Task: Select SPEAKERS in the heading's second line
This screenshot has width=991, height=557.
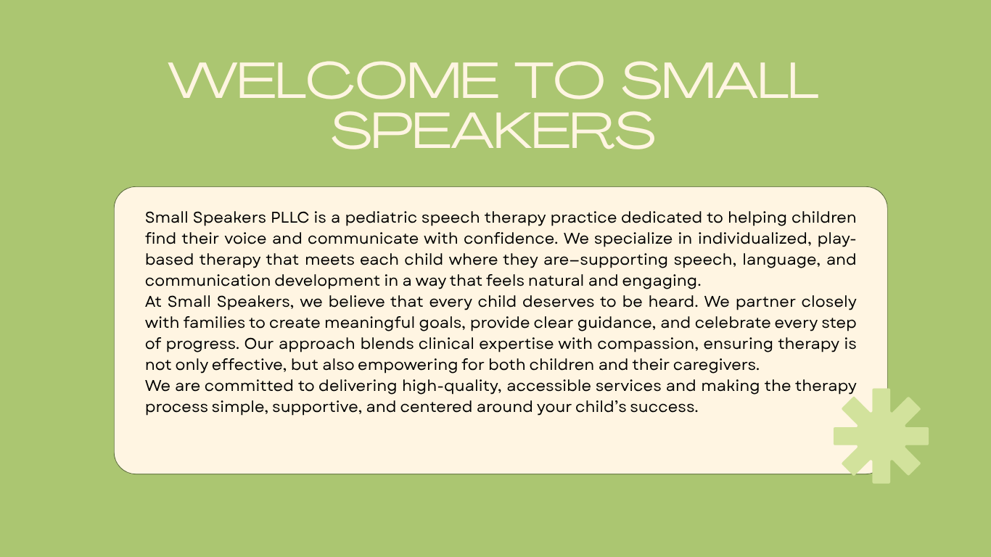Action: coord(493,131)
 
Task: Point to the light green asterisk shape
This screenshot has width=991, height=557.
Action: coord(881,436)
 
